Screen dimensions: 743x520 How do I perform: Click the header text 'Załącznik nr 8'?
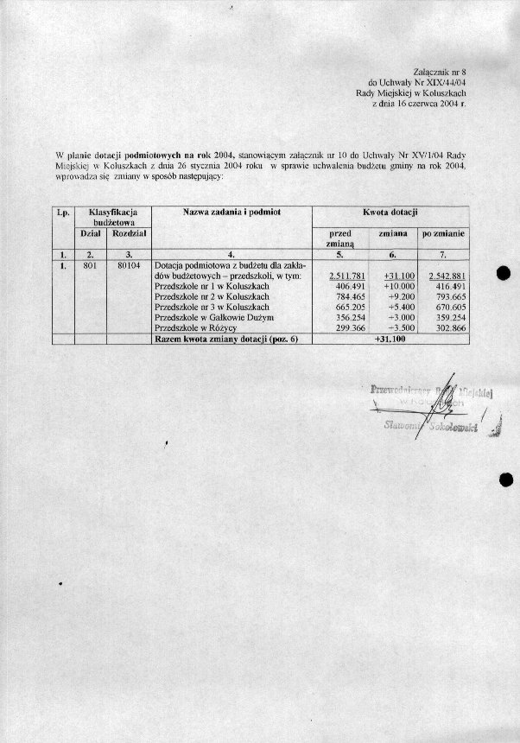click(x=440, y=66)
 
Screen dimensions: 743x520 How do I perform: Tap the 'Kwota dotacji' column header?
click(x=390, y=212)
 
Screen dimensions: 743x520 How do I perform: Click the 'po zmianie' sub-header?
click(x=443, y=233)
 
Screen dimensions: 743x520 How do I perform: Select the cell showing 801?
click(x=88, y=265)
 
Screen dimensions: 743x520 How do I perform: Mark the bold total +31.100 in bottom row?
click(x=390, y=340)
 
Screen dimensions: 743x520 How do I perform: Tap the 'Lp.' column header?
click(x=62, y=212)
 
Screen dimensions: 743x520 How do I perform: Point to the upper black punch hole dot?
click(x=507, y=274)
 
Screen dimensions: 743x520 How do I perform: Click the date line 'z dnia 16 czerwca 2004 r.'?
click(x=417, y=103)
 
